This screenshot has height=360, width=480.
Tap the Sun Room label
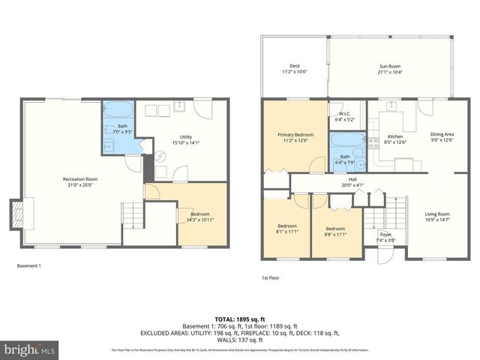[388, 67]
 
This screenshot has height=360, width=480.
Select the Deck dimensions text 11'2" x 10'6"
[295, 72]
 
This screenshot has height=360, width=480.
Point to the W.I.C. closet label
[344, 114]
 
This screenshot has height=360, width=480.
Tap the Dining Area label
[441, 135]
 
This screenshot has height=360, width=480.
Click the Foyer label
[385, 235]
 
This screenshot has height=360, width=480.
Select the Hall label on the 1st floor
[346, 180]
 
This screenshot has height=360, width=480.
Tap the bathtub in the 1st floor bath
[345, 142]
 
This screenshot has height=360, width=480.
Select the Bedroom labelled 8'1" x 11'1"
[287, 228]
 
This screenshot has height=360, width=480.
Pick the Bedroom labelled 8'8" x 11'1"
[334, 228]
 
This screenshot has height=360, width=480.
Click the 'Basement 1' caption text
[29, 265]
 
